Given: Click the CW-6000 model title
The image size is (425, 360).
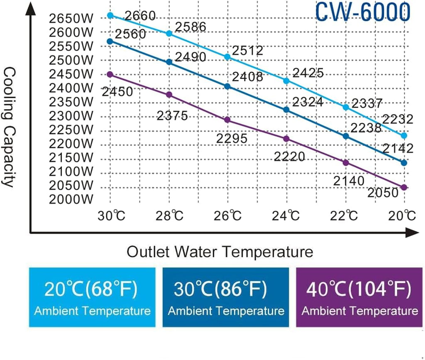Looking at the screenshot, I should click(x=362, y=11).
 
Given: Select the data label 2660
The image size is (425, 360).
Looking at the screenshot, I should click(x=140, y=16).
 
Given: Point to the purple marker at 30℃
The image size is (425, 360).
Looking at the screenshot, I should click(x=110, y=74).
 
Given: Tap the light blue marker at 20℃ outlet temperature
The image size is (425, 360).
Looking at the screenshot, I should click(x=404, y=135).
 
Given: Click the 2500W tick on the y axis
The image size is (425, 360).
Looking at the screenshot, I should click(x=71, y=60).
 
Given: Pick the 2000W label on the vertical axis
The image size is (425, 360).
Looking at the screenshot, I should click(x=71, y=199).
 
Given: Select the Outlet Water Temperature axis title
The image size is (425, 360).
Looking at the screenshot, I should click(x=220, y=252).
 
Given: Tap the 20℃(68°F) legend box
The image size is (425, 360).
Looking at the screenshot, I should click(x=92, y=297).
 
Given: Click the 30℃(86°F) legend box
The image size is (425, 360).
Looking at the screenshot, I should click(x=226, y=297).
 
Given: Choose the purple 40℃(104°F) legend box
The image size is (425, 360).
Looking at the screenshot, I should click(x=360, y=297).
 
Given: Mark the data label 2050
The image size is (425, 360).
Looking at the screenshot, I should click(x=383, y=193).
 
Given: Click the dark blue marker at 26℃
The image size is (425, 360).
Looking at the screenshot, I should click(x=227, y=86).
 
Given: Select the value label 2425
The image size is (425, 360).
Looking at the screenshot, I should click(x=308, y=73).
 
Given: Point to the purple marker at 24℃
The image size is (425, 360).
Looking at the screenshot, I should click(x=286, y=139).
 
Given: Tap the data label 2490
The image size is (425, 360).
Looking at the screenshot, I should click(x=190, y=57).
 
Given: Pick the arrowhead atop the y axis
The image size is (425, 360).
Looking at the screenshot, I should click(x=30, y=8).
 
